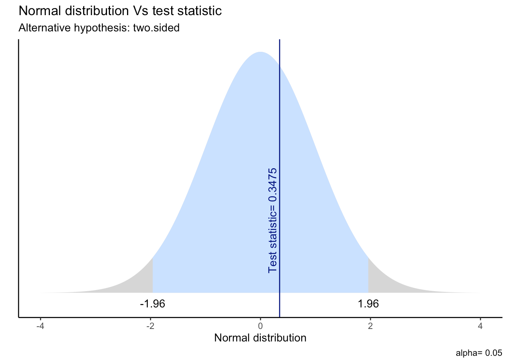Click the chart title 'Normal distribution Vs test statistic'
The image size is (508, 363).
[120, 11]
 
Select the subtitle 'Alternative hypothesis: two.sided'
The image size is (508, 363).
[99, 28]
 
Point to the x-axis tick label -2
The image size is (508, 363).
[150, 326]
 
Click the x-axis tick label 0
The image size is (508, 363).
[260, 326]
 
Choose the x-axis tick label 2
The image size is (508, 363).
[370, 326]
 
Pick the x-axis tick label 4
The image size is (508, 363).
[480, 326]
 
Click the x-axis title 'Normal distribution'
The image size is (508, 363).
[260, 338]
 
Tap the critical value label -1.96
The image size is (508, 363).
[152, 304]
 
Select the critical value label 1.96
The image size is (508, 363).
[368, 304]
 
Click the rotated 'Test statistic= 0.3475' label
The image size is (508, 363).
[273, 220]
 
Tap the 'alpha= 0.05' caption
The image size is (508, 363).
[479, 354]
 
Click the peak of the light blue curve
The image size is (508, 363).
[260, 53]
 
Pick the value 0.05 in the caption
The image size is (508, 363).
[494, 354]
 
